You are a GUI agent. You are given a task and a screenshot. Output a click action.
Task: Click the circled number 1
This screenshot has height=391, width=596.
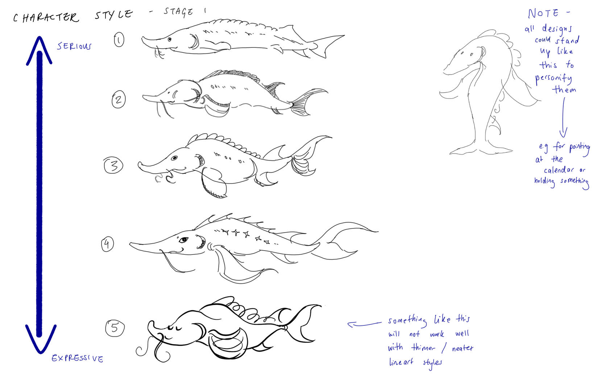click(119, 40)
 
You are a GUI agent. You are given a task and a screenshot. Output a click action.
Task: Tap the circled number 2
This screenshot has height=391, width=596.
click(119, 99)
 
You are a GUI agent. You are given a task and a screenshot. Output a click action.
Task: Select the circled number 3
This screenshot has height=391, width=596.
click(113, 165)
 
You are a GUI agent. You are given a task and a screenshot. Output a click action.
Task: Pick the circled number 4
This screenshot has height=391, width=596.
click(108, 244)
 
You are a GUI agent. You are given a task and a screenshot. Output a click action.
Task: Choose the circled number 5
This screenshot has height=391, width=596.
click(115, 328)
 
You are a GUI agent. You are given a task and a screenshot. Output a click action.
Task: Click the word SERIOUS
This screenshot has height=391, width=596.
click(74, 46)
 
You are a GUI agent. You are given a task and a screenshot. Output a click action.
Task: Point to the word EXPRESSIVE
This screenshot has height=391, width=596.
click(78, 358)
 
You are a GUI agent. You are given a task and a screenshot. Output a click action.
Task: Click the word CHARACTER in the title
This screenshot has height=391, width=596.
click(46, 17)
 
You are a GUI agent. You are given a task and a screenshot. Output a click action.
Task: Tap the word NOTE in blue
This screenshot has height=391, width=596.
click(543, 13)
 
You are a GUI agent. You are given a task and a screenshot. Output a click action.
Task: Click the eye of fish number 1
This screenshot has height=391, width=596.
click(170, 39)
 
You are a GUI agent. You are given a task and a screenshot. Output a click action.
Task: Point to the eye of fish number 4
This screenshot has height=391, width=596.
click(183, 240)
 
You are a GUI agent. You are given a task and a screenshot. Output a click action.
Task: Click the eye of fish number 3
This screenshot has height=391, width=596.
click(174, 158)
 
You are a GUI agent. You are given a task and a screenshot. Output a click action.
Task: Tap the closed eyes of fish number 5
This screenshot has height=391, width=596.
click(174, 328)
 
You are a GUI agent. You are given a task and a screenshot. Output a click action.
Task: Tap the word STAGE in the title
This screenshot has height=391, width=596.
click(178, 12)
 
